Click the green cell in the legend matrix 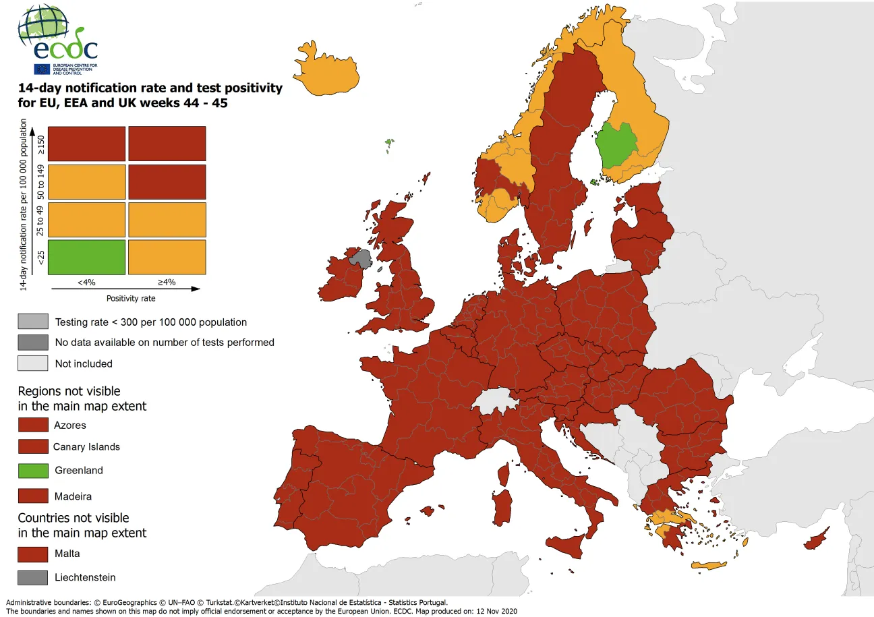[86, 257]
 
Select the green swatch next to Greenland [33, 470]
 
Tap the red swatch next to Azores [33, 425]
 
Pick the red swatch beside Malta [33, 554]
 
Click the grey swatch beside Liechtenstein [33, 577]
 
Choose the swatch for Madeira [33, 496]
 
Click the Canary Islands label [87, 446]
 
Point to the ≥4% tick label [166, 283]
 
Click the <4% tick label [86, 283]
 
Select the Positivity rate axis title [126, 297]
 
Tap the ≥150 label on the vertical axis [40, 144]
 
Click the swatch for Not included [33, 363]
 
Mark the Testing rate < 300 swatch [33, 322]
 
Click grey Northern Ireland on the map [361, 258]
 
